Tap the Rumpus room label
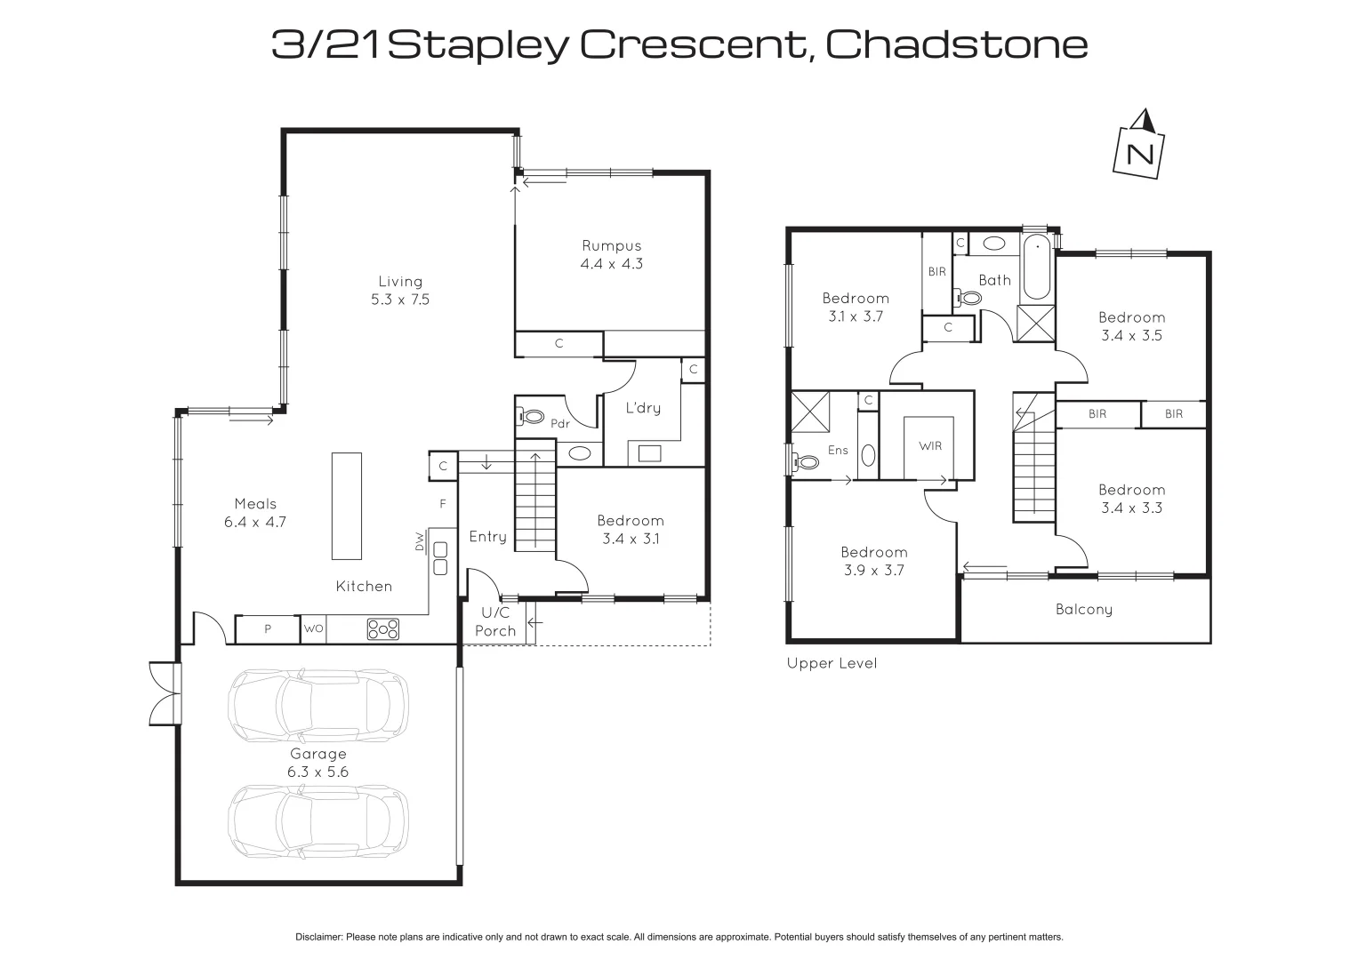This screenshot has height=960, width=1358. (x=611, y=246)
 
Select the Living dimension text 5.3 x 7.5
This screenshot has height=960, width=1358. (x=400, y=300)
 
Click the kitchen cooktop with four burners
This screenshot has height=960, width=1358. (x=383, y=629)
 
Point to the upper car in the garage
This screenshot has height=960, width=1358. (x=318, y=705)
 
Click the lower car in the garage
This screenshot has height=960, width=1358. (x=318, y=821)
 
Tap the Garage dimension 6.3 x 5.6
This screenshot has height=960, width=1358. (x=318, y=772)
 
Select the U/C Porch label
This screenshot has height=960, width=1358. (x=495, y=622)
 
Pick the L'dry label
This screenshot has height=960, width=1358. (x=643, y=408)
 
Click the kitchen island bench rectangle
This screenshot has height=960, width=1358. (x=347, y=506)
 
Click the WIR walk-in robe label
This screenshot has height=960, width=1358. (x=930, y=446)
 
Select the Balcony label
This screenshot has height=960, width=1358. (x=1084, y=610)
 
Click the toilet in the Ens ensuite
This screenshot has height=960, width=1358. (x=805, y=462)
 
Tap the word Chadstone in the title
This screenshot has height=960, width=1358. (x=957, y=44)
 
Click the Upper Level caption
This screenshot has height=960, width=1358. (x=832, y=664)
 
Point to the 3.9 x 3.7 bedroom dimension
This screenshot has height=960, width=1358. (x=873, y=571)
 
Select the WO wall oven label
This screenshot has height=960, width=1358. (x=313, y=629)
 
